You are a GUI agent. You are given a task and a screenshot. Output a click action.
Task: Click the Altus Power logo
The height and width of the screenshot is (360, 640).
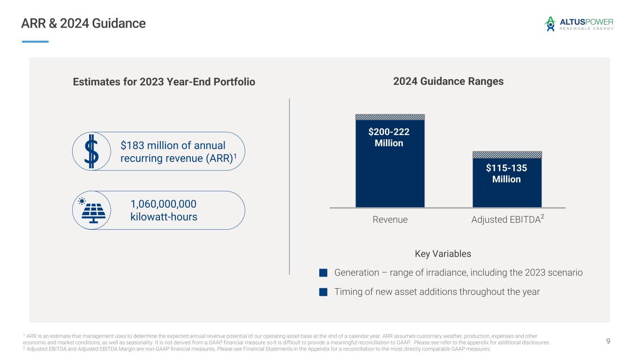click(578, 24)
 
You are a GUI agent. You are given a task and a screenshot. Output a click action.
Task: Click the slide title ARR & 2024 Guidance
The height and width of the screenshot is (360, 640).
click(83, 23)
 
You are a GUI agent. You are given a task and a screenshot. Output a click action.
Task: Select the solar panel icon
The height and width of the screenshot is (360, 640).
click(92, 211)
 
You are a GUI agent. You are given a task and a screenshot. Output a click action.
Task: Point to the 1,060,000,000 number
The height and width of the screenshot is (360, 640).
click(163, 204)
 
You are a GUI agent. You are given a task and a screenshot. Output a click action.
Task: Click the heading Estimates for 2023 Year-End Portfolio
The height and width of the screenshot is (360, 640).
click(164, 82)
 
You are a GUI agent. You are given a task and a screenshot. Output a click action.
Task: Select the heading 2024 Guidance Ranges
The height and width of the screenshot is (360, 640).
click(448, 82)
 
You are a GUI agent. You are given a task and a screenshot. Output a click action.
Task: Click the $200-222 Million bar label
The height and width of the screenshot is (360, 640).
click(389, 137)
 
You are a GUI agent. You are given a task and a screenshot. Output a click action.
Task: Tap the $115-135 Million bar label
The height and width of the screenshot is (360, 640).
click(506, 173)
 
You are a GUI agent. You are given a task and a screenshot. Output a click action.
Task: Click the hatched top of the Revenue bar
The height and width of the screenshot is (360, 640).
click(390, 117)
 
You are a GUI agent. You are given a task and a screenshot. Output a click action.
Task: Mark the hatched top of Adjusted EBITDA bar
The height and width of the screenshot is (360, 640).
click(507, 155)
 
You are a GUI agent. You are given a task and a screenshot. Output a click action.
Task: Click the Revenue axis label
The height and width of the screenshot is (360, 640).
click(390, 219)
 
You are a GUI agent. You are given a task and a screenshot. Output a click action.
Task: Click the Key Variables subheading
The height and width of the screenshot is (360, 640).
click(443, 254)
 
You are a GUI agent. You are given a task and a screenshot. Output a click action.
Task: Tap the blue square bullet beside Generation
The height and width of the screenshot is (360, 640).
click(323, 273)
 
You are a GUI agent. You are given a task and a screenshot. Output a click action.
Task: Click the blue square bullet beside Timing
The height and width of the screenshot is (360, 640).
click(323, 292)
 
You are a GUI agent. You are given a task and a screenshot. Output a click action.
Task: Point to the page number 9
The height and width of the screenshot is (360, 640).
click(608, 341)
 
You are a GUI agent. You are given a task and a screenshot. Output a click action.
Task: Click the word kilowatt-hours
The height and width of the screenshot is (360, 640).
click(163, 217)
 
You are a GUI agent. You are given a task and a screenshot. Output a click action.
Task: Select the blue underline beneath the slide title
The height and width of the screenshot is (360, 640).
click(35, 42)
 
